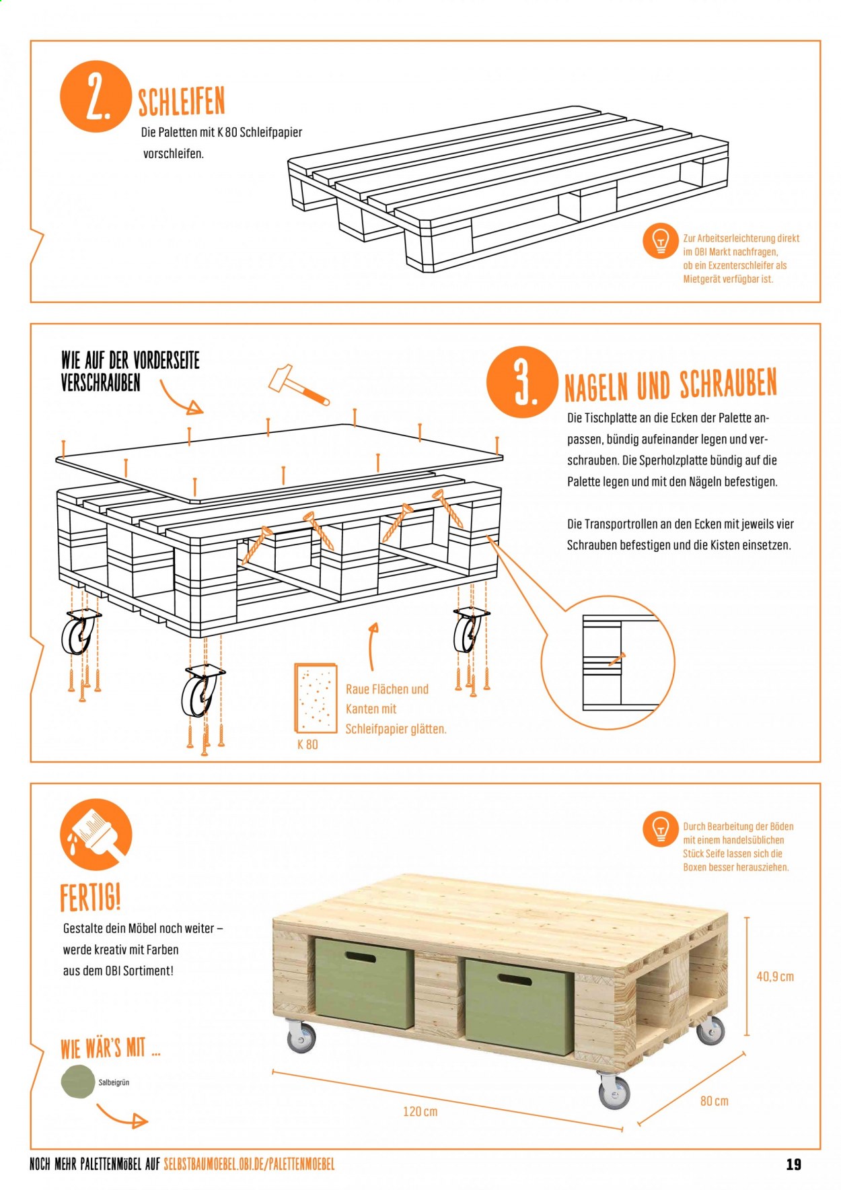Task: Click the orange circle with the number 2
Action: pyautogui.click(x=95, y=96)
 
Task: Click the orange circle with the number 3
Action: pyautogui.click(x=522, y=382)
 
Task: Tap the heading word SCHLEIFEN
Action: pyautogui.click(x=181, y=102)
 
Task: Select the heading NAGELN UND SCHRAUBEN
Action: pyautogui.click(x=670, y=384)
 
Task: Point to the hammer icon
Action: pyautogui.click(x=299, y=386)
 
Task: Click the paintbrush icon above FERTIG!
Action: pyautogui.click(x=96, y=835)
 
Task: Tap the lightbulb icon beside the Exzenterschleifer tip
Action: pyautogui.click(x=661, y=240)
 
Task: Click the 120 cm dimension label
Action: pyautogui.click(x=420, y=1111)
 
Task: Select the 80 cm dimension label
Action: pyautogui.click(x=714, y=1101)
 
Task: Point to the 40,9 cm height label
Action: pyautogui.click(x=775, y=976)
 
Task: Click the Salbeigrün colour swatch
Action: pyautogui.click(x=78, y=1082)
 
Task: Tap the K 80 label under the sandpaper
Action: pyautogui.click(x=307, y=744)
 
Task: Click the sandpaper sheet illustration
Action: pyautogui.click(x=315, y=698)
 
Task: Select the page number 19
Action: pyautogui.click(x=794, y=1164)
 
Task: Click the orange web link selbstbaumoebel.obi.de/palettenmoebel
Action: pyautogui.click(x=249, y=1164)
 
